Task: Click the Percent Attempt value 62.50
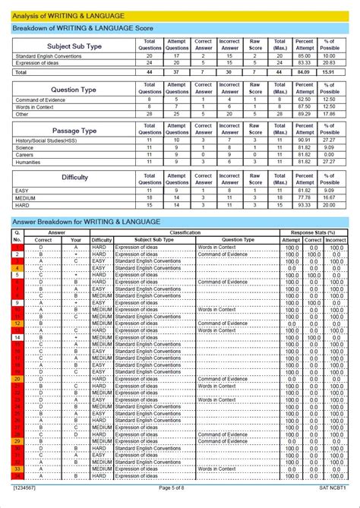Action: point(305,99)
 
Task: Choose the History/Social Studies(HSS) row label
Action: point(45,140)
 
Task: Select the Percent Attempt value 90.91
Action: point(305,140)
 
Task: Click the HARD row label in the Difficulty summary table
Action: point(23,205)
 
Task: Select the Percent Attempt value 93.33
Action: point(305,205)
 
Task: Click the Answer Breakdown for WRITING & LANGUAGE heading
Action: point(87,222)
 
